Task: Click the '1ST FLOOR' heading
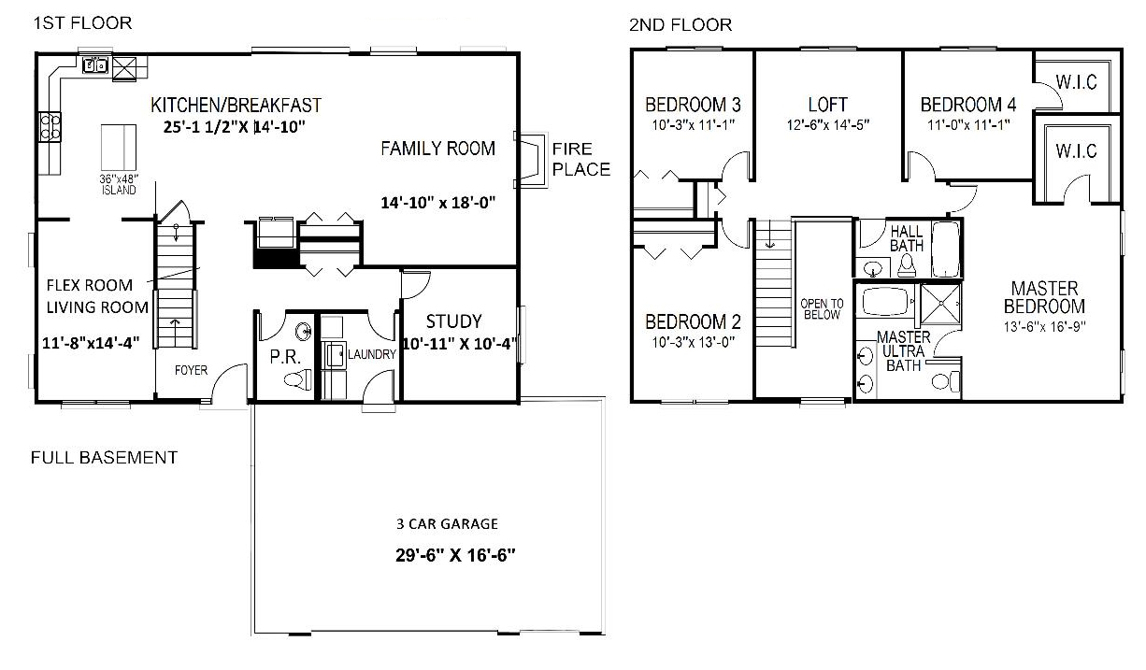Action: coord(83,22)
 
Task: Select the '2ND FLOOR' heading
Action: coord(680,24)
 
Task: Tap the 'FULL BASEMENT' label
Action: coord(104,458)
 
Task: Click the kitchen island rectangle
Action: coord(118,147)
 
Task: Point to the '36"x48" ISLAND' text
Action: coord(118,184)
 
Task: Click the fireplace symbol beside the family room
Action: coord(530,161)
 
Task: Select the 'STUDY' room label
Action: coord(453,322)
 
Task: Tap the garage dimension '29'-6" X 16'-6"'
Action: coord(455,554)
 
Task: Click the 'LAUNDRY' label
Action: coord(372,354)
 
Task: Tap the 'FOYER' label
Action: coord(191,370)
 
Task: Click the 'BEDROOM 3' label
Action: coord(693,104)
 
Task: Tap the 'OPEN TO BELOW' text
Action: coord(822,309)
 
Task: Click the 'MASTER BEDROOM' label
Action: coord(1044,297)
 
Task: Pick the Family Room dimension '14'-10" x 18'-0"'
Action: coord(437,202)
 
